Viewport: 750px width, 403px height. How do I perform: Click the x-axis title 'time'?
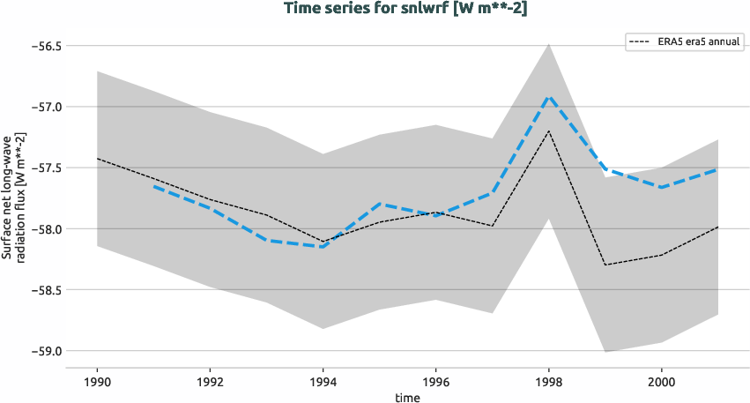click(x=407, y=397)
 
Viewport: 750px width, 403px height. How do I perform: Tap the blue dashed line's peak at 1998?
click(x=549, y=96)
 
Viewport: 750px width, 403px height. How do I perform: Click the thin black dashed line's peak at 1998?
click(x=549, y=131)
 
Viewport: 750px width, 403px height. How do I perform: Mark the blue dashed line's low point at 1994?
click(x=323, y=247)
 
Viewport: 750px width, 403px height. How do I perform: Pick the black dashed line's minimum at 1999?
click(x=605, y=265)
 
